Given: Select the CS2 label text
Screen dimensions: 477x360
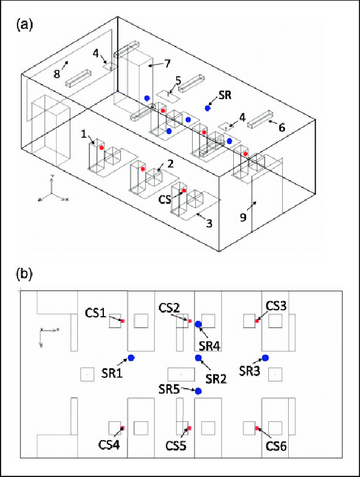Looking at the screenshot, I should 169,307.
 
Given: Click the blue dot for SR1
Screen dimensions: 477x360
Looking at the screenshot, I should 131,359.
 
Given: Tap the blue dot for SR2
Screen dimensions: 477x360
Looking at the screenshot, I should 199,359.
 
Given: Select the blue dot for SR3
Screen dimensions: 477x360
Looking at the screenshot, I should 265,359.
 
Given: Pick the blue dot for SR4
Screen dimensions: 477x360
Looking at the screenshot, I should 199,325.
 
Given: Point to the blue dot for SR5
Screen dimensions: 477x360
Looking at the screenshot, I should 198,391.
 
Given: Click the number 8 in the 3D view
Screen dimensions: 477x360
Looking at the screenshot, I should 57,74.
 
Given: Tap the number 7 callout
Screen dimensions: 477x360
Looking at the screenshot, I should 168,63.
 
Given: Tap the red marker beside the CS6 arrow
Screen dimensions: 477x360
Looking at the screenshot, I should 257,428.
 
